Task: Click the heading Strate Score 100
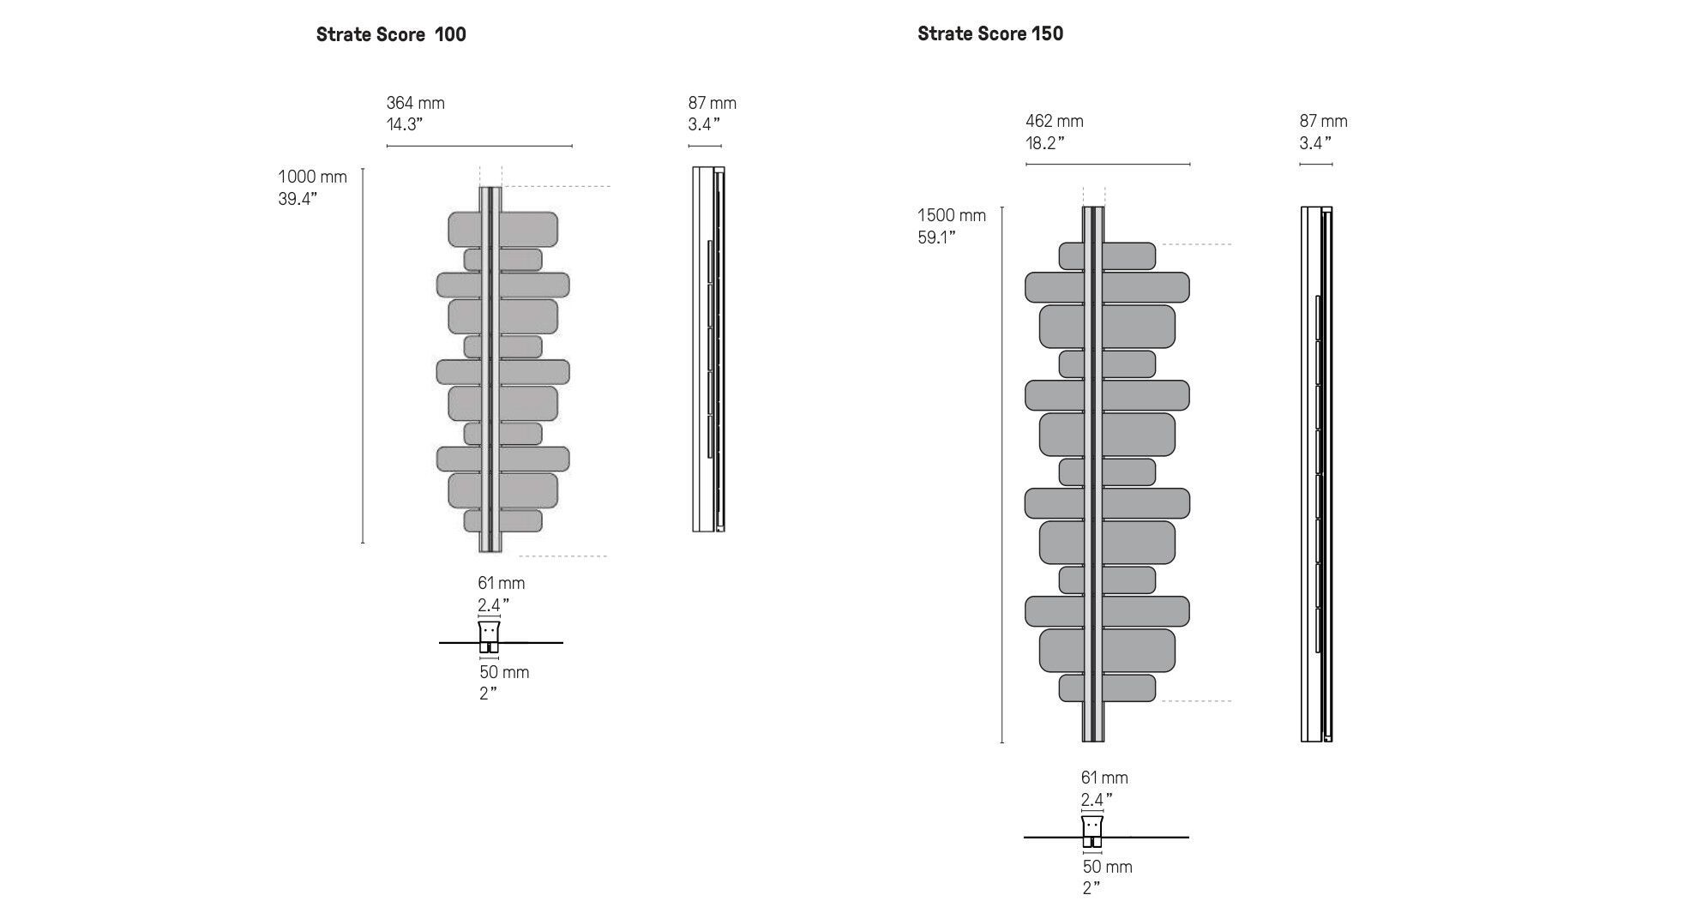[x=391, y=34]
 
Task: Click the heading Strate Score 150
[x=990, y=33]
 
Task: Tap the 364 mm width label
[x=416, y=103]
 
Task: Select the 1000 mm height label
[x=312, y=177]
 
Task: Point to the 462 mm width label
[x=1055, y=122]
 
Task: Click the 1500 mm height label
[x=952, y=215]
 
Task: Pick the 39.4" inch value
[x=298, y=199]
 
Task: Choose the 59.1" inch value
[x=936, y=237]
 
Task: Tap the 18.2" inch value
[x=1045, y=143]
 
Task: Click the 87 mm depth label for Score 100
[x=713, y=103]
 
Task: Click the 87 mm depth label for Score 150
[x=1324, y=122]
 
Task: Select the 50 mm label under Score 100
[x=504, y=672]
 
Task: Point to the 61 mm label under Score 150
[x=1104, y=778]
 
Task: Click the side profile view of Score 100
[x=709, y=349]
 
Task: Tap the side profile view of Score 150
[x=1317, y=474]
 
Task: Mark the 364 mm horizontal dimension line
[x=479, y=146]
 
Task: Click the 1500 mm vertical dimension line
[x=1002, y=474]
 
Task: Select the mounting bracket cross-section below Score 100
[x=489, y=638]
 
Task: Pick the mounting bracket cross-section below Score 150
[x=1092, y=832]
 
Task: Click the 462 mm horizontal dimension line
[x=1108, y=164]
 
